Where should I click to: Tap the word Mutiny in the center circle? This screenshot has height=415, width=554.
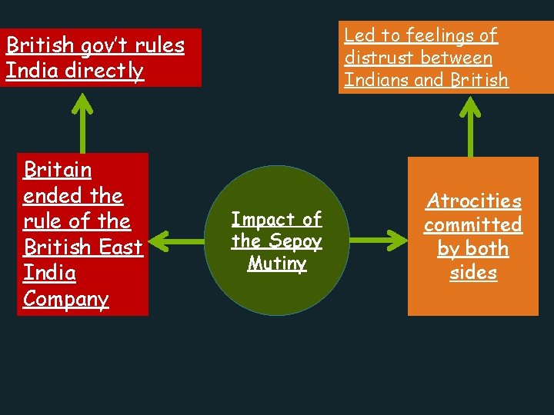[277, 264]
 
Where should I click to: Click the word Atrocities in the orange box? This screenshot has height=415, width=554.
[473, 201]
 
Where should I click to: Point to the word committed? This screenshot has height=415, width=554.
[473, 225]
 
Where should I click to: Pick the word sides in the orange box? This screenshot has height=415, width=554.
[473, 273]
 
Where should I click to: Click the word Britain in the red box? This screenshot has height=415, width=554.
[58, 170]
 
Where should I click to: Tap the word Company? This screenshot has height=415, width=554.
[66, 299]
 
